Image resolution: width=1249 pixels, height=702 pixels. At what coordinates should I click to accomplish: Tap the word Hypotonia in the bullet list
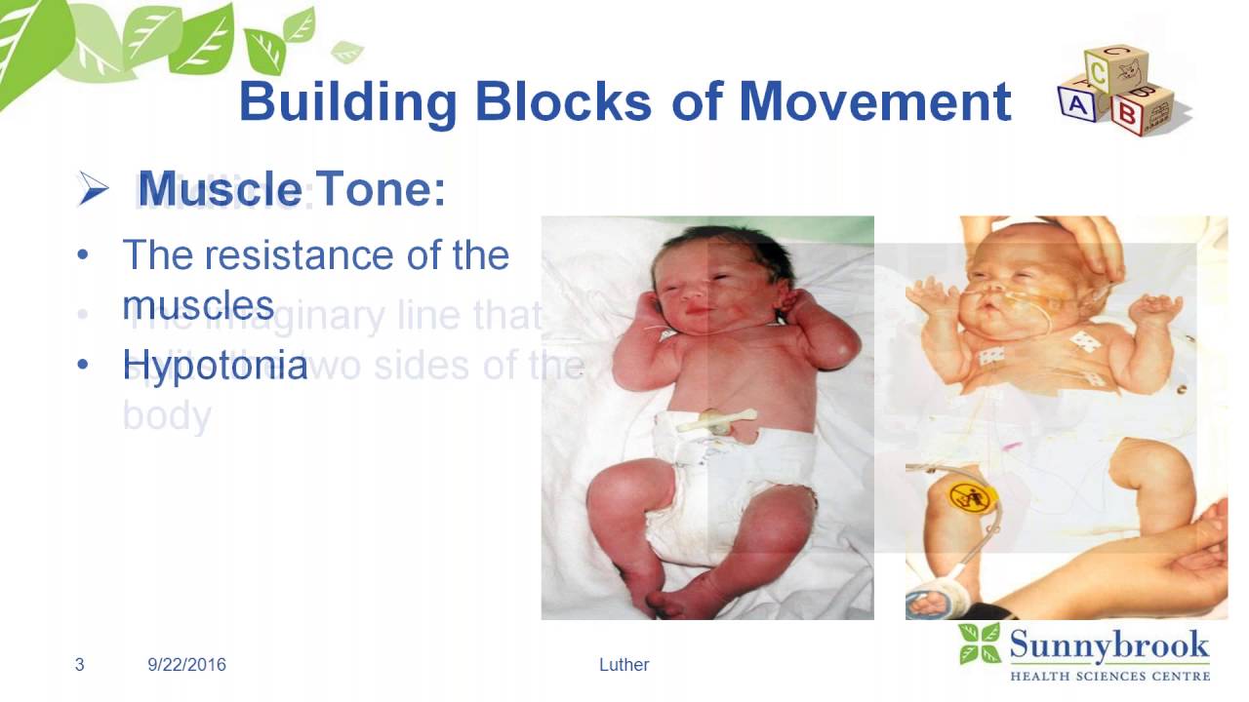tap(215, 366)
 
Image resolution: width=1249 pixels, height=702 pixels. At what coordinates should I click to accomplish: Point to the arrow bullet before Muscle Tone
tap(94, 189)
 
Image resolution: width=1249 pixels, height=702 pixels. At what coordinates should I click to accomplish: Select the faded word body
tap(167, 415)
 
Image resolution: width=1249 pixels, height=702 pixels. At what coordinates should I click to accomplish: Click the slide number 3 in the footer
tap(80, 665)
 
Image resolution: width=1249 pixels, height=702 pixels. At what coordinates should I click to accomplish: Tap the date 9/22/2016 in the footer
tap(186, 665)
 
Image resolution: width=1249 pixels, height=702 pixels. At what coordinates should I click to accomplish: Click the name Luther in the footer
tap(624, 665)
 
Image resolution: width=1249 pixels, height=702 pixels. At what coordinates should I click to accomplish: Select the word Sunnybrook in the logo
tap(1108, 645)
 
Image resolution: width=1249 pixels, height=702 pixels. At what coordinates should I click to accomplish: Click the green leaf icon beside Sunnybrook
tap(979, 644)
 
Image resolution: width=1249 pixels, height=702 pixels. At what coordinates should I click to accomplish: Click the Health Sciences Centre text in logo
tap(1109, 675)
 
